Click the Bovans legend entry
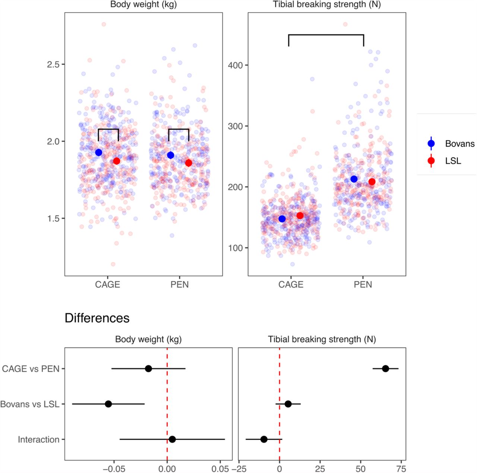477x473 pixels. click(x=459, y=144)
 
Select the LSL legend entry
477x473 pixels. click(x=453, y=161)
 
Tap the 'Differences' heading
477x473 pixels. click(x=97, y=318)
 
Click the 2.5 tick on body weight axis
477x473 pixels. click(x=53, y=64)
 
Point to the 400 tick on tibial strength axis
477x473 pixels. click(x=235, y=65)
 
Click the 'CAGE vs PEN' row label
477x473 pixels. click(x=31, y=369)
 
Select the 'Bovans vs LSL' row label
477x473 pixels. click(x=30, y=404)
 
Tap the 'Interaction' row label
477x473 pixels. click(x=39, y=440)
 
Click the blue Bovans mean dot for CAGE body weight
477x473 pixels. click(x=99, y=152)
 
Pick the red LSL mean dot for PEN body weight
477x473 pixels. click(x=189, y=163)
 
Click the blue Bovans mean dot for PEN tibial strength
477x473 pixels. click(x=354, y=179)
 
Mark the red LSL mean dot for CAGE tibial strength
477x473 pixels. click(x=300, y=215)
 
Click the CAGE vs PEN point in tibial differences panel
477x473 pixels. click(x=385, y=369)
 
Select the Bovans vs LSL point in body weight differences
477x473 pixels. click(x=108, y=404)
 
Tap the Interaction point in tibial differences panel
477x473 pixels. click(x=264, y=440)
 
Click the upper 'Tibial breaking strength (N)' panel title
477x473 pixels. click(x=327, y=5)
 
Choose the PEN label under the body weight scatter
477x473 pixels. click(x=180, y=285)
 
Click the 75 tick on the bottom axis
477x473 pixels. click(x=401, y=469)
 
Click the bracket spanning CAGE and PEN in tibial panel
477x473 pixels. click(x=326, y=35)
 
